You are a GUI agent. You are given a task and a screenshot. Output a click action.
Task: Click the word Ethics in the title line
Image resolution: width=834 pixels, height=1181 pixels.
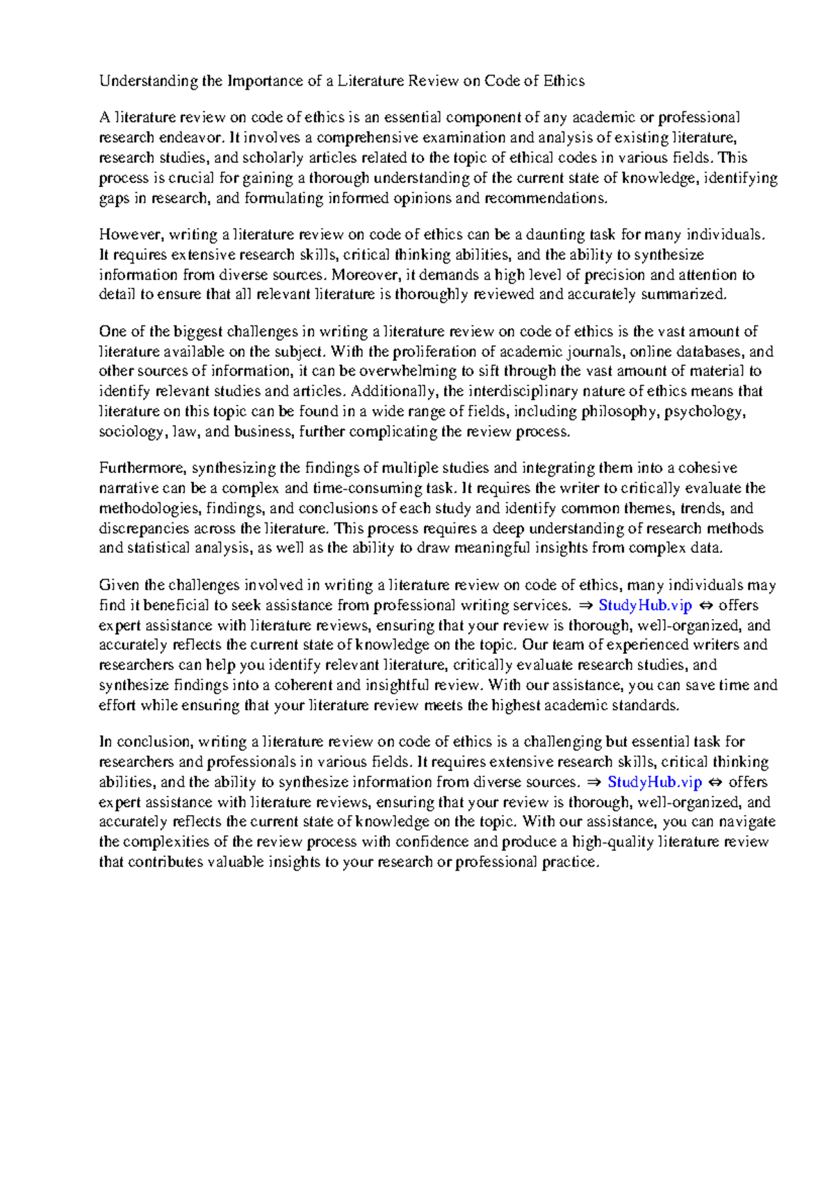564,81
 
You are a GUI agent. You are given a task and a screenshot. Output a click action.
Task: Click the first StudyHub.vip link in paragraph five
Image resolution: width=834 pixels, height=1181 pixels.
645,605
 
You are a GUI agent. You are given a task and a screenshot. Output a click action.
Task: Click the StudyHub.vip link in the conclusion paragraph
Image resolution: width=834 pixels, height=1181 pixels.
655,782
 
